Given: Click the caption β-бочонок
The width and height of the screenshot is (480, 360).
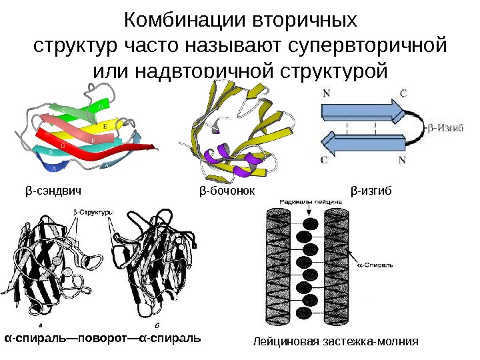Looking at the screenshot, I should pyautogui.click(x=228, y=191).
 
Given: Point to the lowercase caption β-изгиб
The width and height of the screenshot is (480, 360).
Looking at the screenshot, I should pyautogui.click(x=372, y=191).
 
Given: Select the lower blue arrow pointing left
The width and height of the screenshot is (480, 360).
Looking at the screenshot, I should pyautogui.click(x=364, y=142).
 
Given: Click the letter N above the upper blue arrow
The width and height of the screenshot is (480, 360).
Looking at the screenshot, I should pyautogui.click(x=326, y=94).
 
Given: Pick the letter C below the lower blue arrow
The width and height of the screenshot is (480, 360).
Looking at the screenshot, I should pyautogui.click(x=324, y=159).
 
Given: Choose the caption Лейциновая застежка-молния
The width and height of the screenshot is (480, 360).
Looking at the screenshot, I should pyautogui.click(x=335, y=341).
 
